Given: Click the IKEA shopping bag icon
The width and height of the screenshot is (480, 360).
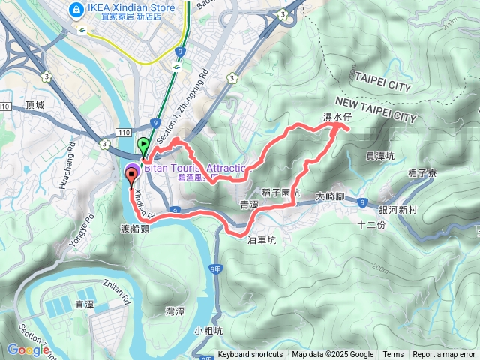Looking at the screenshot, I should coord(76,10).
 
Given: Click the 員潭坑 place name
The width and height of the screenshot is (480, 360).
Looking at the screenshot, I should coord(379,157).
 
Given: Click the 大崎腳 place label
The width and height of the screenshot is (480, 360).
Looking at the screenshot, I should coord(329,195).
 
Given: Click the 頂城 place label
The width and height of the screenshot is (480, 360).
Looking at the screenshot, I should coord(34,105).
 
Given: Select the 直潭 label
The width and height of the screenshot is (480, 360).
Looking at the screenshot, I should coord(84,303).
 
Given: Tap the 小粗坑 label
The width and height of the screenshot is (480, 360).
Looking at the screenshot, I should coord(208,330).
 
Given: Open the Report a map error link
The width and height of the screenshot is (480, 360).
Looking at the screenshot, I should coord(444,355).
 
